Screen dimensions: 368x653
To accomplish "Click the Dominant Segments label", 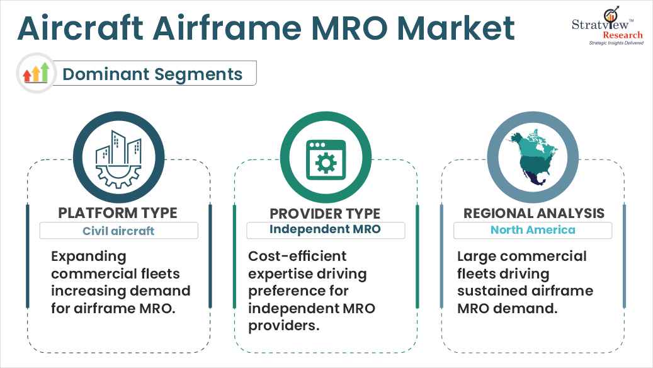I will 152,74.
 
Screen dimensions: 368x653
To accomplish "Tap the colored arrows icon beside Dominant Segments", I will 35,73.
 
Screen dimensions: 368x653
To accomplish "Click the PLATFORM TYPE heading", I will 118,213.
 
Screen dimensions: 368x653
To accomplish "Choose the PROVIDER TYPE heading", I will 325,213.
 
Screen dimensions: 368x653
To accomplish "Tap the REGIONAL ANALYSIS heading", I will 533,213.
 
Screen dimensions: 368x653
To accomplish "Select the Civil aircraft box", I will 118,231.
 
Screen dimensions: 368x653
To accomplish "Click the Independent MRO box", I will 325,229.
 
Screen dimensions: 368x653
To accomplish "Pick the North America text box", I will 533,230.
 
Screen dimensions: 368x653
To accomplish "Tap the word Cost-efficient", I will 297,257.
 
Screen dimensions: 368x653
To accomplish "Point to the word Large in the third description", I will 477,257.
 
